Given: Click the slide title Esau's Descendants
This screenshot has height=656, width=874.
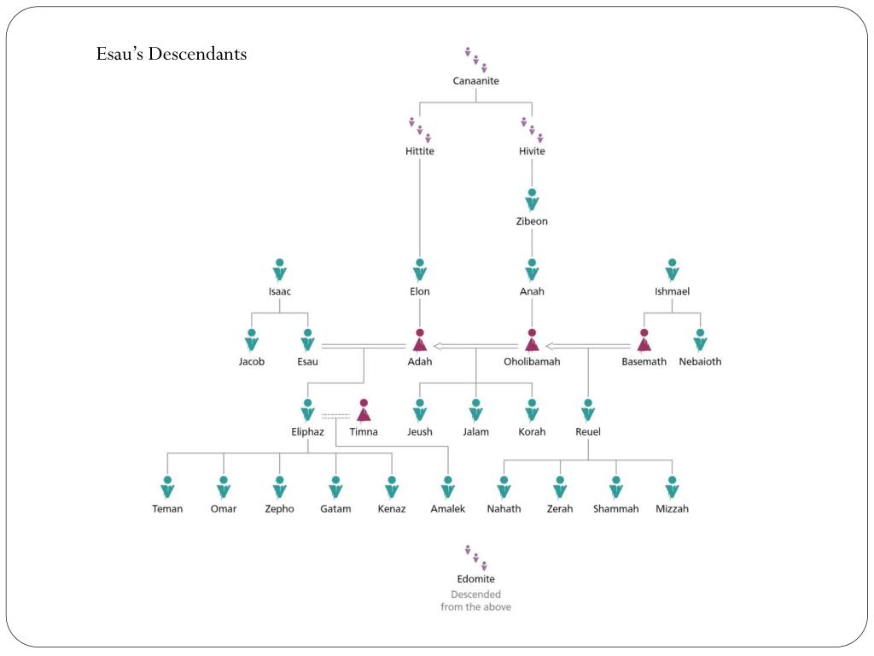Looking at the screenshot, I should click(x=172, y=54).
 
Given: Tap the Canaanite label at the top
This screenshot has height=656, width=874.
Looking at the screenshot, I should click(x=475, y=81).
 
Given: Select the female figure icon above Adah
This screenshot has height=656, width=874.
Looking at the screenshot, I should click(x=419, y=340).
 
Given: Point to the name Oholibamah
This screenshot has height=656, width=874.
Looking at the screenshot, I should click(x=532, y=361).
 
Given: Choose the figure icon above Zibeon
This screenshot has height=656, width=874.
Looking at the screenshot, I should click(x=532, y=200).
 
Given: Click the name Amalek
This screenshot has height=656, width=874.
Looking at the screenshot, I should click(x=447, y=509).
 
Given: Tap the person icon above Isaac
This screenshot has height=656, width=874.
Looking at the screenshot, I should click(x=279, y=270).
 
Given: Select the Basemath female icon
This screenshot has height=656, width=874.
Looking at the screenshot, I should click(x=644, y=340).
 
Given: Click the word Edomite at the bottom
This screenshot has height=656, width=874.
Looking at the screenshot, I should click(x=475, y=579).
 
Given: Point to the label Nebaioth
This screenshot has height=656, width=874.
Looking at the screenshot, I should click(x=700, y=361).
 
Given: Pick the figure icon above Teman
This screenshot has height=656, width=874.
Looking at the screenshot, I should click(x=167, y=487).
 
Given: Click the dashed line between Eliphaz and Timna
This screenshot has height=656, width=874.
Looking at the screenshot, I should click(x=335, y=416).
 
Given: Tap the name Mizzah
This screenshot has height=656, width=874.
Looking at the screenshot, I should click(x=672, y=509).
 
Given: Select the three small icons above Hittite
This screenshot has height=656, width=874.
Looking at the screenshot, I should click(x=419, y=130).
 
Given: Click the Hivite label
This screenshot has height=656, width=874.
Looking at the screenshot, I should click(x=532, y=151).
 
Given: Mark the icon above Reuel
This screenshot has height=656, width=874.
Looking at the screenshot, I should click(x=588, y=410).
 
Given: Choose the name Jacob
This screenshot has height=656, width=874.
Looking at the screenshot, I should click(x=251, y=361).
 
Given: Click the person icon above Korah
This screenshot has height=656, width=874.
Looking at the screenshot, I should click(x=532, y=410).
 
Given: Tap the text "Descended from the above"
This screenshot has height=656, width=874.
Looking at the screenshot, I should click(x=475, y=600).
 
